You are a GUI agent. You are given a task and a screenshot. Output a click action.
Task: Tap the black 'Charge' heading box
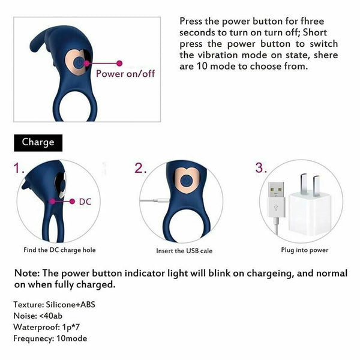38,142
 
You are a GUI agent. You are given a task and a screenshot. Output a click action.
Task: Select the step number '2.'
140,168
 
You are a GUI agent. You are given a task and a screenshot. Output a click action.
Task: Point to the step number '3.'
261,168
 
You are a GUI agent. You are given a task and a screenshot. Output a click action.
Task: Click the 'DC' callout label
86,202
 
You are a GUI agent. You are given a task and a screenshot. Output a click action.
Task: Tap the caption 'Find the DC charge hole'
60,250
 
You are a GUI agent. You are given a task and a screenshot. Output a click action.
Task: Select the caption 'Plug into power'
304,250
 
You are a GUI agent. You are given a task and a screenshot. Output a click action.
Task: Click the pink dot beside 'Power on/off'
119,62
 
